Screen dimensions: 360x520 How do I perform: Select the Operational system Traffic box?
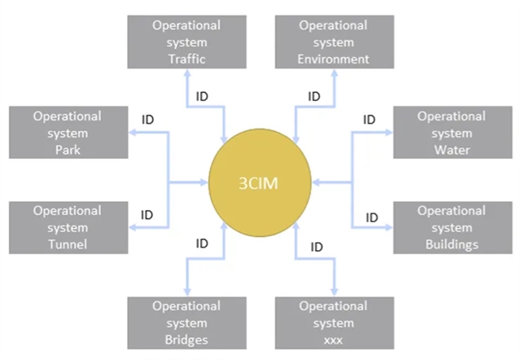(x=186, y=42)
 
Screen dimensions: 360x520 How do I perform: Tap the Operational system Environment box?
(x=333, y=42)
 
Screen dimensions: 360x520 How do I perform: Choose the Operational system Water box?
(x=451, y=133)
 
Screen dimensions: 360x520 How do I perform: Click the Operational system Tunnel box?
(x=67, y=226)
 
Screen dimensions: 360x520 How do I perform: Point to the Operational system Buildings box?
(x=451, y=226)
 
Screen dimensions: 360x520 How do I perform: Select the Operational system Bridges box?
(x=186, y=323)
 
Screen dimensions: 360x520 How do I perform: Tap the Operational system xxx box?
(x=333, y=323)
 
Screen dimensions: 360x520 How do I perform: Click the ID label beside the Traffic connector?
(x=203, y=96)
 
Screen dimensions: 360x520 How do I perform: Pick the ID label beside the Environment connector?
(x=314, y=96)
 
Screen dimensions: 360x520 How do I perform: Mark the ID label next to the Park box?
(x=147, y=121)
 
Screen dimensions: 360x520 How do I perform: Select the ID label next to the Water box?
(x=369, y=121)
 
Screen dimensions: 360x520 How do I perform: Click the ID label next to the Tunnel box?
(x=147, y=215)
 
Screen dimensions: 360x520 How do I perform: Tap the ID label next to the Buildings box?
(x=371, y=217)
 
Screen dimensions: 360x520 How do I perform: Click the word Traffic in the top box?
(x=186, y=59)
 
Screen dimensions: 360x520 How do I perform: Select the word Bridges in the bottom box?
(x=186, y=340)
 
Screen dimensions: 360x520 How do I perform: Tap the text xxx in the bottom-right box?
(x=333, y=340)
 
